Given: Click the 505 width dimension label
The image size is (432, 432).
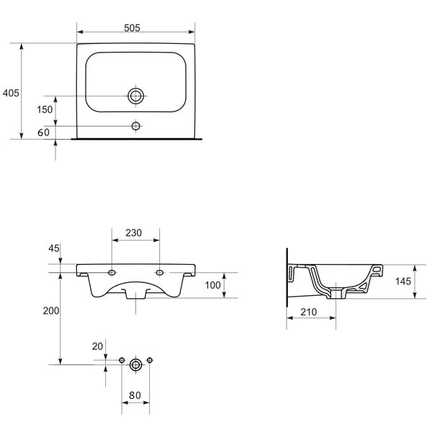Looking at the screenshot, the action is (132, 28).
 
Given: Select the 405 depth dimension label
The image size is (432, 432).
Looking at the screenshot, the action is (11, 93).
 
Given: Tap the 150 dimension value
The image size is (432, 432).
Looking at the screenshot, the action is (45, 109).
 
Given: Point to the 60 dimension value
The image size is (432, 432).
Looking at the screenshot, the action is (43, 132).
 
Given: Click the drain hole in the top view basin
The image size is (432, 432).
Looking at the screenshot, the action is (136, 96).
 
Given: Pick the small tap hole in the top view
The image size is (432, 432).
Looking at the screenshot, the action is (136, 126).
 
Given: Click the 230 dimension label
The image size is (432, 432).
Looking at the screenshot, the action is (134, 233).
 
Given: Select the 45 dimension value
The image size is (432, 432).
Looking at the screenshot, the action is (54, 248).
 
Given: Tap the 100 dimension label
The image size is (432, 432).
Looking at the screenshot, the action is (212, 285).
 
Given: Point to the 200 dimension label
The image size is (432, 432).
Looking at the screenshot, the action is (51, 311).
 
